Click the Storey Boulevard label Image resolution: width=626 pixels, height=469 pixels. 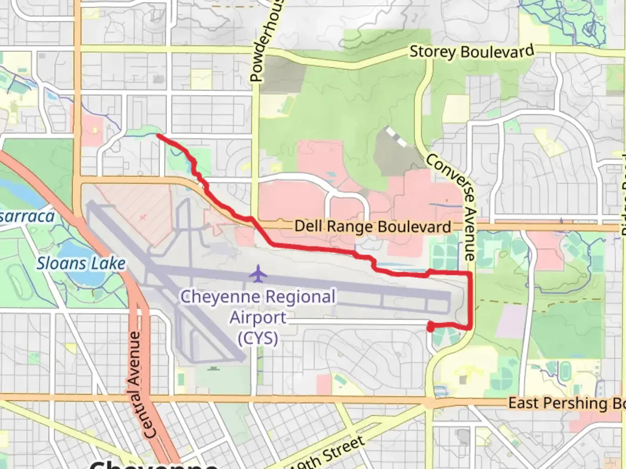[472, 52]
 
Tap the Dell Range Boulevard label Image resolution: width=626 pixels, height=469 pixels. [373, 226]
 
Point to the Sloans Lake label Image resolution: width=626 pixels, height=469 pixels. [81, 263]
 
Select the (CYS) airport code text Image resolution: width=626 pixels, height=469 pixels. [258, 337]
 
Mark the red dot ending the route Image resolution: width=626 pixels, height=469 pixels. [430, 328]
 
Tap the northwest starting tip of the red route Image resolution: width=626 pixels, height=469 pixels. [157, 136]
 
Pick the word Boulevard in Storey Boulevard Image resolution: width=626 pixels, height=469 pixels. [497, 51]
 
